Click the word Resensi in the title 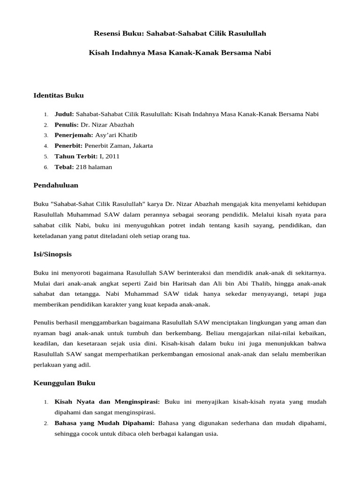click(x=107, y=34)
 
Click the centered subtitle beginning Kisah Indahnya click(x=180, y=53)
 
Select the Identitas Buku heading click(x=59, y=96)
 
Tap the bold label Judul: click(x=64, y=114)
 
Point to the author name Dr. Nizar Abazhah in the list click(x=107, y=125)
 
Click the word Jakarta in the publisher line click(x=142, y=146)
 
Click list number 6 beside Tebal click(x=46, y=167)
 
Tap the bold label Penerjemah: click(x=74, y=135)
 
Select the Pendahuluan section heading click(x=56, y=186)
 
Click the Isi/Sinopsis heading click(x=52, y=254)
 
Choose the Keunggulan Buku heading click(x=64, y=383)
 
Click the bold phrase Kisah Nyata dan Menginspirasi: click(x=107, y=402)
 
